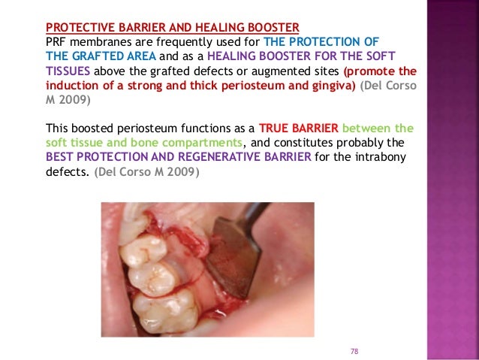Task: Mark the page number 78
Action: point(355,351)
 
